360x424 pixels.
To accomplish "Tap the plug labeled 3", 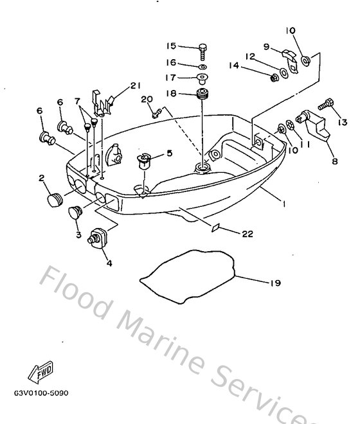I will tap(76, 212).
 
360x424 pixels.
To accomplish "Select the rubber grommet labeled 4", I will tap(98, 237).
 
